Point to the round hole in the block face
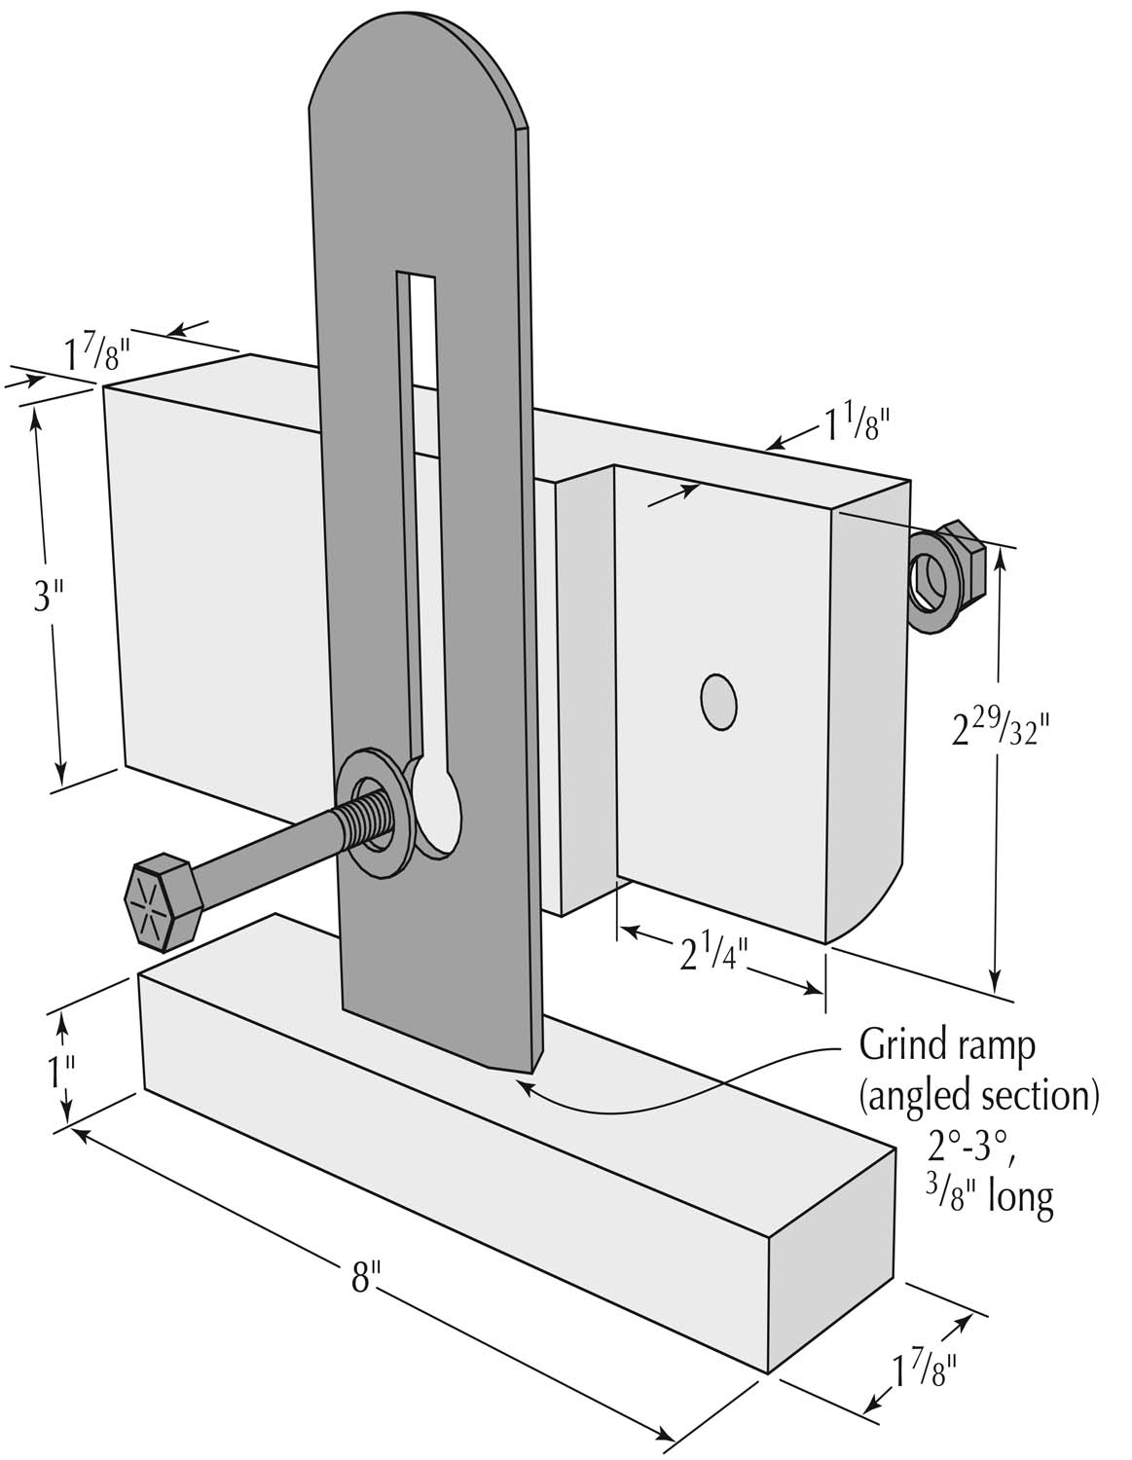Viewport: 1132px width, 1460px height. point(718,700)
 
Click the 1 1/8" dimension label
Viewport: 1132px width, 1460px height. point(857,425)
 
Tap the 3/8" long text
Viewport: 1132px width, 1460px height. point(989,1194)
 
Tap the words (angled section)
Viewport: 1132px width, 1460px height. point(979,1096)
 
